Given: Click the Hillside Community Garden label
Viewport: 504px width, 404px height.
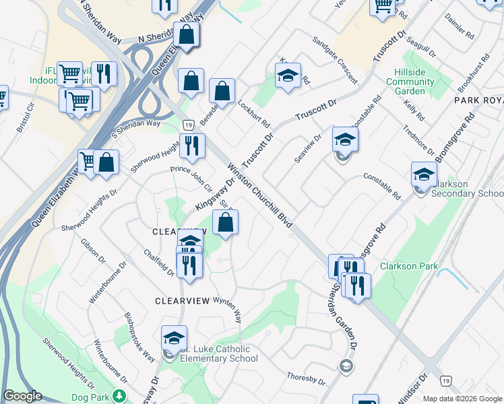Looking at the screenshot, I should click(x=410, y=81).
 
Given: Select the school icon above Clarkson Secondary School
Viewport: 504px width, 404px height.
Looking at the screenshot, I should click(x=424, y=174).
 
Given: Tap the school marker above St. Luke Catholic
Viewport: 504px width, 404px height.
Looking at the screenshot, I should click(x=174, y=337).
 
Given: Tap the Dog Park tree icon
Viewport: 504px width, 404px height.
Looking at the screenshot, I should click(x=120, y=396).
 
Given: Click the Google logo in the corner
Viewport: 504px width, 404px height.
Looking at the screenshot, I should click(x=22, y=396).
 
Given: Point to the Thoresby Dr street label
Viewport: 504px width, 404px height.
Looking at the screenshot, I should click(x=307, y=380).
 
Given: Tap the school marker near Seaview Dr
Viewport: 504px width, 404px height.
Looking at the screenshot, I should click(x=345, y=139).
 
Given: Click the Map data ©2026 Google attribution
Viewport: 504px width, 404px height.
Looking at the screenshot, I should click(x=462, y=399).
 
